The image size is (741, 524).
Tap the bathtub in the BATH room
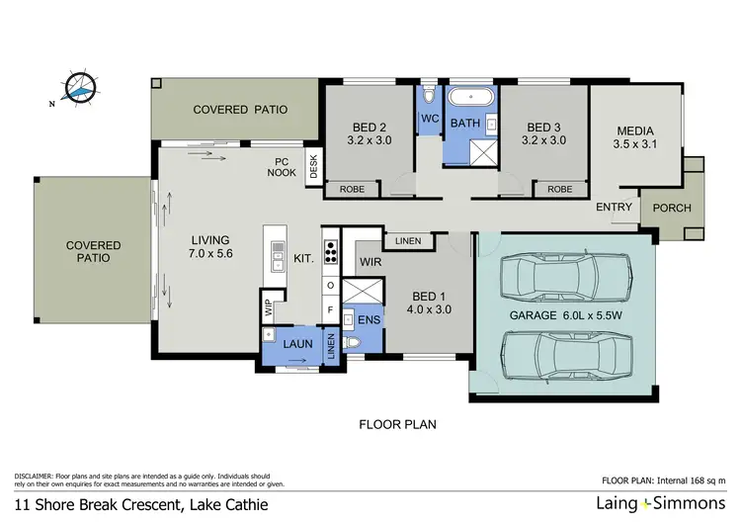(470, 100)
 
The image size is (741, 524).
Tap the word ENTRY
(615, 208)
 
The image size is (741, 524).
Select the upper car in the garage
(563, 280)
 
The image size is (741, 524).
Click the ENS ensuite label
(369, 320)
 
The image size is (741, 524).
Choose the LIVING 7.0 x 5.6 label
(208, 247)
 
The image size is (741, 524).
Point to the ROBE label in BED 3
(559, 188)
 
